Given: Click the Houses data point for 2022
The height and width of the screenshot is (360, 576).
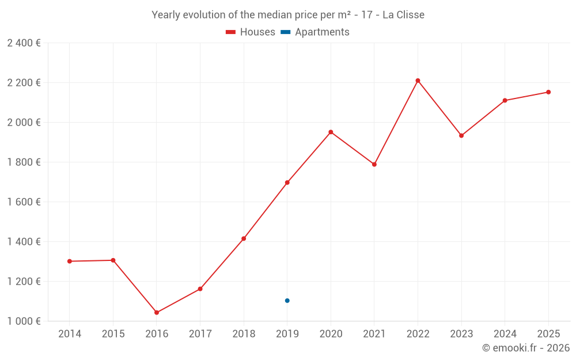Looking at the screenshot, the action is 418,81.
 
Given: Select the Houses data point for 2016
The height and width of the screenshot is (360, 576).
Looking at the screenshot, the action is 157,313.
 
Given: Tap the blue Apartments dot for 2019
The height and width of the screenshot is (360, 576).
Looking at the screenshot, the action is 287,301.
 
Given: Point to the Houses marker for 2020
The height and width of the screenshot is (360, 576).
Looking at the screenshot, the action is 331,132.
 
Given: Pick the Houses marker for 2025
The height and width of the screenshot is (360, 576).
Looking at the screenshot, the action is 548,92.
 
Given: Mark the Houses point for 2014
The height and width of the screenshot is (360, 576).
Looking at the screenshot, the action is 70,261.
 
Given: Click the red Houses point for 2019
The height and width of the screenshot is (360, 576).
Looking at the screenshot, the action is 287,183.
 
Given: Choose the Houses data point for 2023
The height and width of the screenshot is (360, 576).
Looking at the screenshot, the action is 461,135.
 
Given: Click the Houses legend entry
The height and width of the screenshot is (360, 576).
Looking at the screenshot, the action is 251,32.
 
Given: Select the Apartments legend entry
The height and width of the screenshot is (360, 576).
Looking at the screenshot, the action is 315,32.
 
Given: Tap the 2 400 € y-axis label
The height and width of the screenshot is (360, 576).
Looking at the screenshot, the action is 24,43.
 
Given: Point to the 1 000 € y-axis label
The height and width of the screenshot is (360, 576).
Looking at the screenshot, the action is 24,321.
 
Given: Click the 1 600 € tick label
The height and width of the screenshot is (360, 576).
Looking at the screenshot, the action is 24,202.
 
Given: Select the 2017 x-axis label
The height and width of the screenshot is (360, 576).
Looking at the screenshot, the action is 200,334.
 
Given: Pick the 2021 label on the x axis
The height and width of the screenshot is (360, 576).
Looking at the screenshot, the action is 374,334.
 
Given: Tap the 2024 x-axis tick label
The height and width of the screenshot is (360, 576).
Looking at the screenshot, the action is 505,334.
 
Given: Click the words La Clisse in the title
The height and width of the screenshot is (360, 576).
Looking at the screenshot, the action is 403,15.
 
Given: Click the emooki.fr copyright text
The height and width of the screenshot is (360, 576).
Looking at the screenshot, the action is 526,347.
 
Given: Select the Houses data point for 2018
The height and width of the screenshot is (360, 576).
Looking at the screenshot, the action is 244,239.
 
